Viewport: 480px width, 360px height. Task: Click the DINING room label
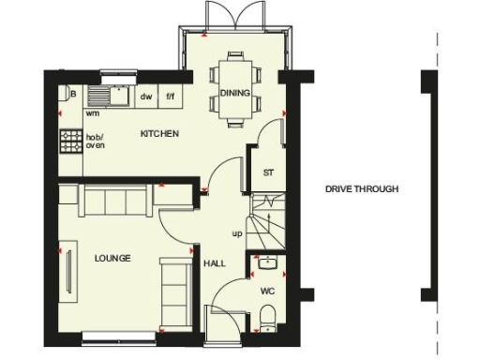tap(233, 93)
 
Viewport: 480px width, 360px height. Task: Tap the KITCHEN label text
tap(158, 134)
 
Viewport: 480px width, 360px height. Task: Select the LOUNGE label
tap(112, 258)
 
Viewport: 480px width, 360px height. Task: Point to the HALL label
tap(215, 263)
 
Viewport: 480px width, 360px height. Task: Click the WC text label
tap(267, 292)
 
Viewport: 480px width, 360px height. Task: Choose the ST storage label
tap(267, 172)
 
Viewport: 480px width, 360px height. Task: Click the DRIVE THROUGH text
tap(362, 189)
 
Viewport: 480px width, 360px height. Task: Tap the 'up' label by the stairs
tap(237, 233)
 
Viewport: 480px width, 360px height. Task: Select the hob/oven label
tap(96, 142)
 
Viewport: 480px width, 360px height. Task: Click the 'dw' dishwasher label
tap(145, 96)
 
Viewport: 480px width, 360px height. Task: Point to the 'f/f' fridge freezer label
tap(171, 96)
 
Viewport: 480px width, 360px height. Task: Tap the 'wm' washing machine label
tap(93, 112)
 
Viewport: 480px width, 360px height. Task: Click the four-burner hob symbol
tap(71, 142)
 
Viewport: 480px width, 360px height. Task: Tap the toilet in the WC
tap(268, 315)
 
